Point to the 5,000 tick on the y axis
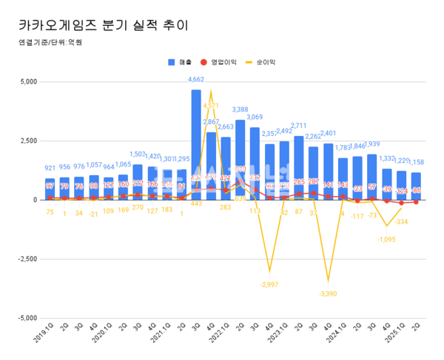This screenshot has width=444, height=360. (x=27, y=81)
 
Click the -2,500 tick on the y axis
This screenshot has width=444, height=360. (x=25, y=259)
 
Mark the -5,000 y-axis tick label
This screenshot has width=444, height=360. (x=25, y=318)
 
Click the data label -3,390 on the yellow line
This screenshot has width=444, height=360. (x=329, y=293)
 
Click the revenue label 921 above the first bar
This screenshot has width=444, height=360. (x=50, y=169)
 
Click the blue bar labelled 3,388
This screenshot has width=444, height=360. (x=240, y=160)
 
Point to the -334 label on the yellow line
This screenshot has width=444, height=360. (x=402, y=221)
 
